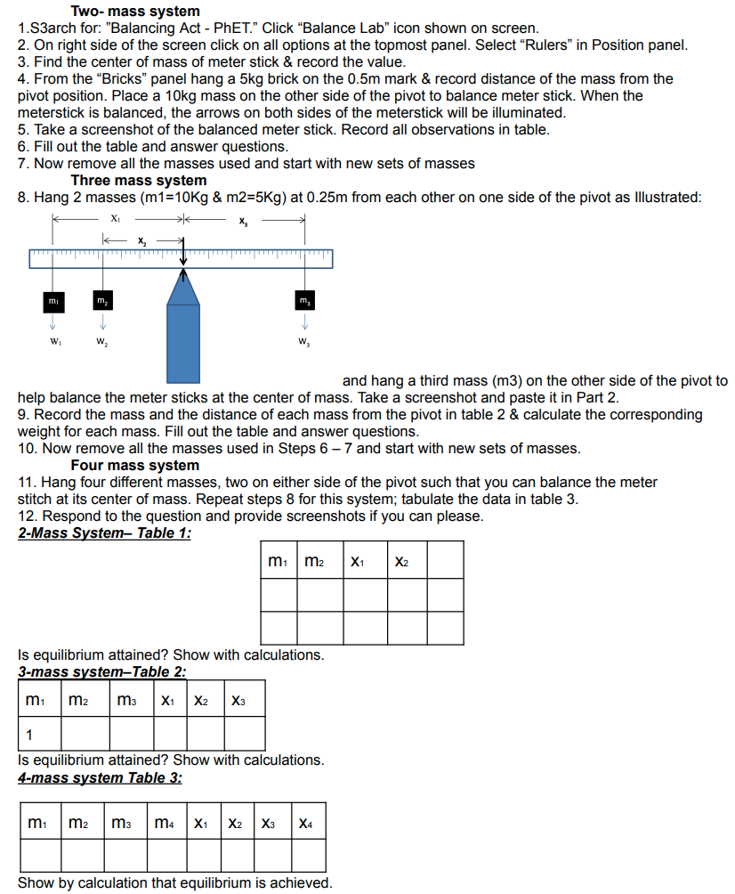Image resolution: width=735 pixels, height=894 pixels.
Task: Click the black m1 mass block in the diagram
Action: click(x=54, y=305)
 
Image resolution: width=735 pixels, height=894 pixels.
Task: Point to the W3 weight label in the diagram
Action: click(x=305, y=342)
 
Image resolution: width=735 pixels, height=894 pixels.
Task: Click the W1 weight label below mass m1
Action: click(x=54, y=342)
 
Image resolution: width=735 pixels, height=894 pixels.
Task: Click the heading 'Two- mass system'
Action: click(x=135, y=12)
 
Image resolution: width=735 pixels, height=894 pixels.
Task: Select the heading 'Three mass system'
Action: click(x=138, y=181)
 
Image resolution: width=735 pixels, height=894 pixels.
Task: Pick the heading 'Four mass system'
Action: click(x=134, y=466)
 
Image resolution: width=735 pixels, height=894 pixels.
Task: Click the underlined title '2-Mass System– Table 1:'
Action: click(x=104, y=533)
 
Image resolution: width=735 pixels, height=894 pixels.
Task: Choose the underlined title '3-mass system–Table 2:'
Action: click(x=101, y=672)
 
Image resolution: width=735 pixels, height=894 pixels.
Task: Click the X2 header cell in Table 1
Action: click(x=402, y=561)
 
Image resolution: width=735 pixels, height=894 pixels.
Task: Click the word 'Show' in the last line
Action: click(x=36, y=883)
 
